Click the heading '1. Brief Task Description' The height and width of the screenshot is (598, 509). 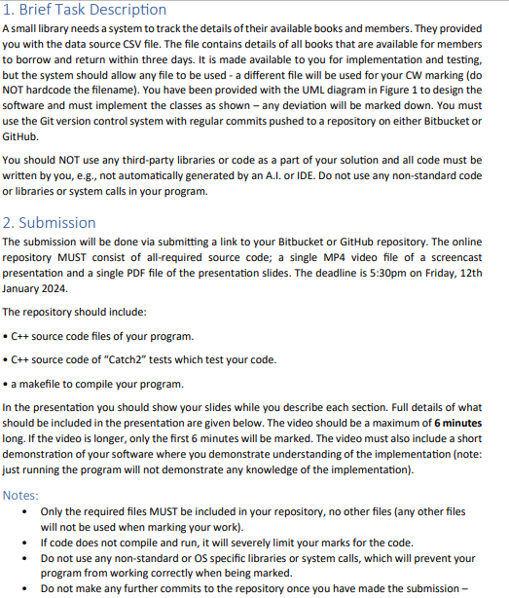(x=85, y=10)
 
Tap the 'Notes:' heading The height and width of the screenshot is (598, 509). (x=20, y=495)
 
